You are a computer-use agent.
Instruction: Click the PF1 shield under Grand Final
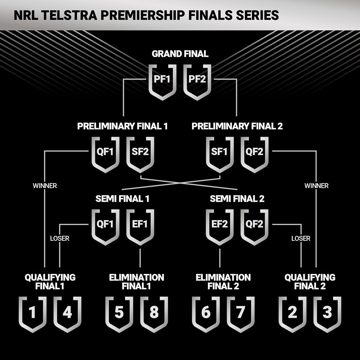click(x=162, y=80)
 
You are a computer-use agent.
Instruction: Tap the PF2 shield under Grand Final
click(x=197, y=80)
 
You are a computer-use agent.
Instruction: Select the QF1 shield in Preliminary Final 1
click(x=105, y=153)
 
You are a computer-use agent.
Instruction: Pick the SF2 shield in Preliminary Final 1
click(x=140, y=153)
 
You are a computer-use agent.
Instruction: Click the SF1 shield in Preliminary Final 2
click(x=220, y=153)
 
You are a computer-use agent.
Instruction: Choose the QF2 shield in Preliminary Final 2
click(x=255, y=153)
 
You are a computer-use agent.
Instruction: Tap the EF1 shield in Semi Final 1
click(x=140, y=225)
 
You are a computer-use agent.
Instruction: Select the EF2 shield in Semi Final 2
click(x=220, y=225)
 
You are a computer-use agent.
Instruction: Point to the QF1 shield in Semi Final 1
click(x=105, y=225)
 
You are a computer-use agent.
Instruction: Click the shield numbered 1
click(x=33, y=313)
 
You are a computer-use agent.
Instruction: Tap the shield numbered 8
click(x=153, y=313)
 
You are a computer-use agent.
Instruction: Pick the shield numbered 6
click(x=206, y=313)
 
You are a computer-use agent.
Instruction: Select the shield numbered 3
click(x=327, y=313)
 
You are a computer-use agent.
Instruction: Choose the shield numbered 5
click(x=119, y=313)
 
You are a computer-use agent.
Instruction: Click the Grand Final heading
click(x=180, y=54)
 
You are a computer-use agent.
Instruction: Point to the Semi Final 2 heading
click(x=237, y=199)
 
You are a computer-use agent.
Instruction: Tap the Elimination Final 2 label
click(x=223, y=282)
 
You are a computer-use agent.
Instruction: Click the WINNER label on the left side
click(x=45, y=186)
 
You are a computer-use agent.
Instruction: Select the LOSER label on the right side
click(x=301, y=238)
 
